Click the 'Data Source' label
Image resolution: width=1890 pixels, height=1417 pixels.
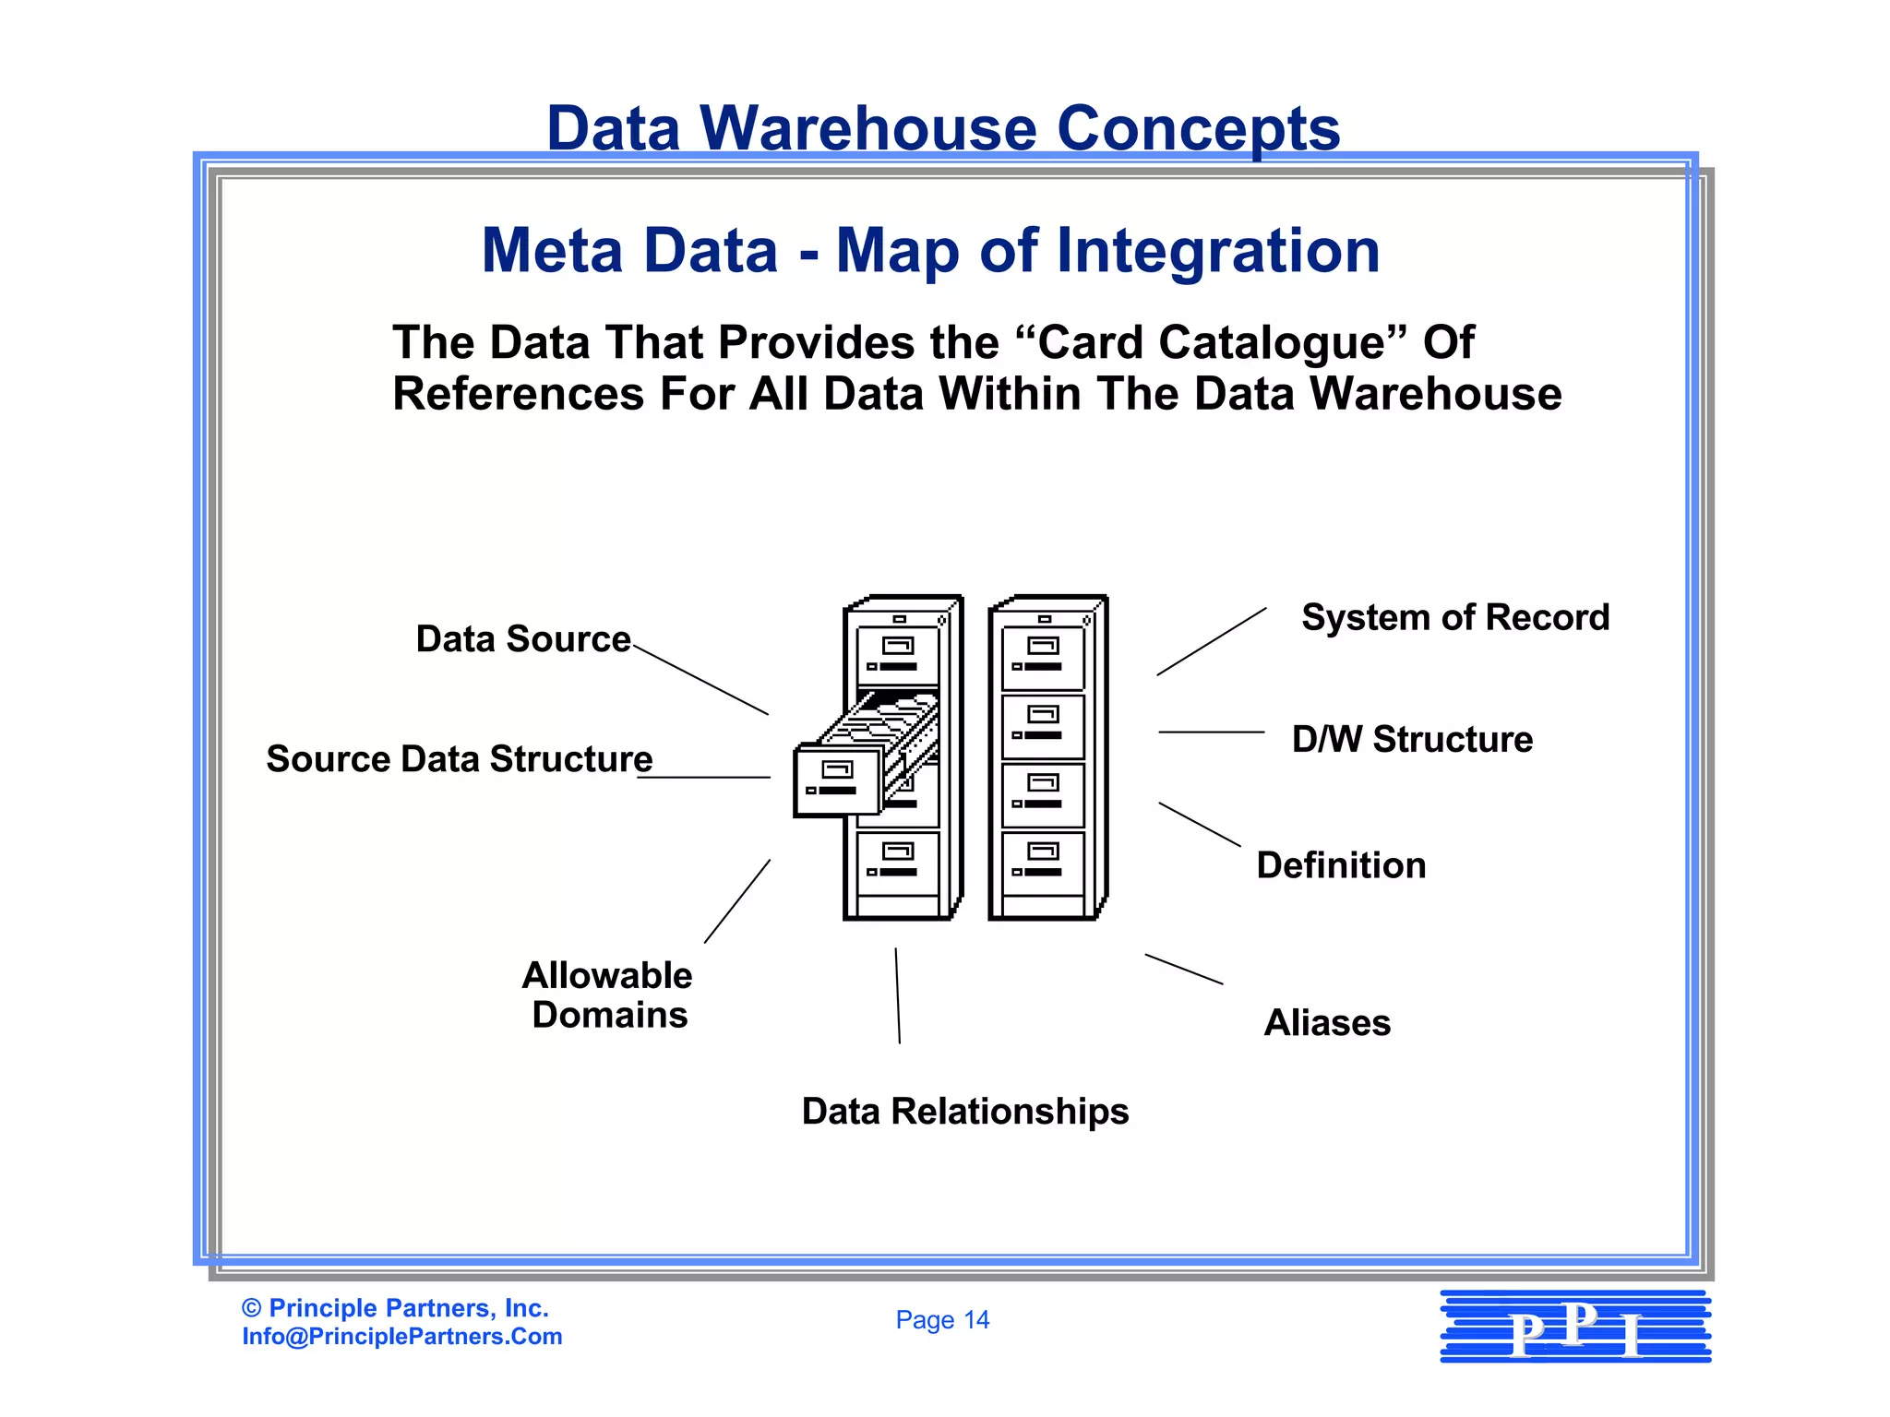click(523, 639)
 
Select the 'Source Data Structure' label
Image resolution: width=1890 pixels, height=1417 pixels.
click(460, 759)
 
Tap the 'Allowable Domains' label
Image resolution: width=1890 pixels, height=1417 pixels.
click(608, 994)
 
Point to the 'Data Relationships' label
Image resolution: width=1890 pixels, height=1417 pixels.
click(965, 1112)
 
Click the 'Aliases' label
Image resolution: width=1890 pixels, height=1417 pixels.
click(1327, 1023)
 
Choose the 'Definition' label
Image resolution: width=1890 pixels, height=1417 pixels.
click(1341, 865)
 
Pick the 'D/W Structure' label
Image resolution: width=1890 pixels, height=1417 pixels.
click(1412, 739)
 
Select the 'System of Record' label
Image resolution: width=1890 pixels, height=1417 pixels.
click(1455, 617)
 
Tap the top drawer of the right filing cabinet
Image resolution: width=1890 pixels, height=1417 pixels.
click(1043, 657)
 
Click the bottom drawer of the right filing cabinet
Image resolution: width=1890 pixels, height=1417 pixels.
click(1043, 862)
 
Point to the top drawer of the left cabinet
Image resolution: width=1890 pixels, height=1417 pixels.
click(898, 656)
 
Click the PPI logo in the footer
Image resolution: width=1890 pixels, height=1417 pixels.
click(1575, 1327)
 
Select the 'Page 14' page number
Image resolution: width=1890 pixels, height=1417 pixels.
click(942, 1320)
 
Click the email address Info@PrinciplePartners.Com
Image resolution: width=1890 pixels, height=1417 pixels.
click(402, 1337)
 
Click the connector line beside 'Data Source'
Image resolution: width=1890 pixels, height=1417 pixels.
click(701, 680)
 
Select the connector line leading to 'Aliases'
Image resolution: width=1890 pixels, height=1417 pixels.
click(1184, 970)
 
